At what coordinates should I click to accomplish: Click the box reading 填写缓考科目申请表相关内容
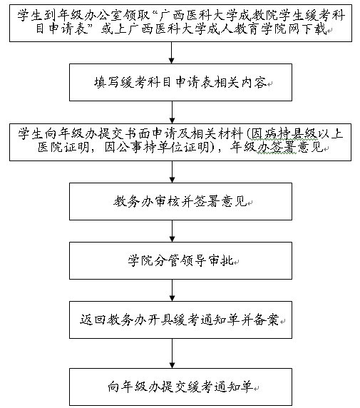tap(180, 82)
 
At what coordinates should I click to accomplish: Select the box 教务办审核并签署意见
tap(180, 201)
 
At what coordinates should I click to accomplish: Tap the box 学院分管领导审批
tap(180, 261)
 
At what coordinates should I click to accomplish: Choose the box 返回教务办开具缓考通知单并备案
tap(180, 320)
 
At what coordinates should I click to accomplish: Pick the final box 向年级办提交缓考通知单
tap(180, 387)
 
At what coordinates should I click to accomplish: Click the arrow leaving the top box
tap(171, 53)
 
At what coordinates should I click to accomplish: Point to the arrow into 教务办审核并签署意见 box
tap(172, 172)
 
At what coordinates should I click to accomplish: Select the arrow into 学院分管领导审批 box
tap(172, 231)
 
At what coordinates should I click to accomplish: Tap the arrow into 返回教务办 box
tap(172, 290)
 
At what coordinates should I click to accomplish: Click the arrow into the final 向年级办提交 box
tap(172, 353)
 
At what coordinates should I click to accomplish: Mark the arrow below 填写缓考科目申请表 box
tap(172, 112)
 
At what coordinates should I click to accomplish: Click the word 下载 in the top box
tap(314, 29)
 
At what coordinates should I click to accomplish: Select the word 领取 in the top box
tap(137, 16)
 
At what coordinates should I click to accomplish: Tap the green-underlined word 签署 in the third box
tap(283, 148)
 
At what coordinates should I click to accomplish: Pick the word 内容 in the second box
tap(254, 82)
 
